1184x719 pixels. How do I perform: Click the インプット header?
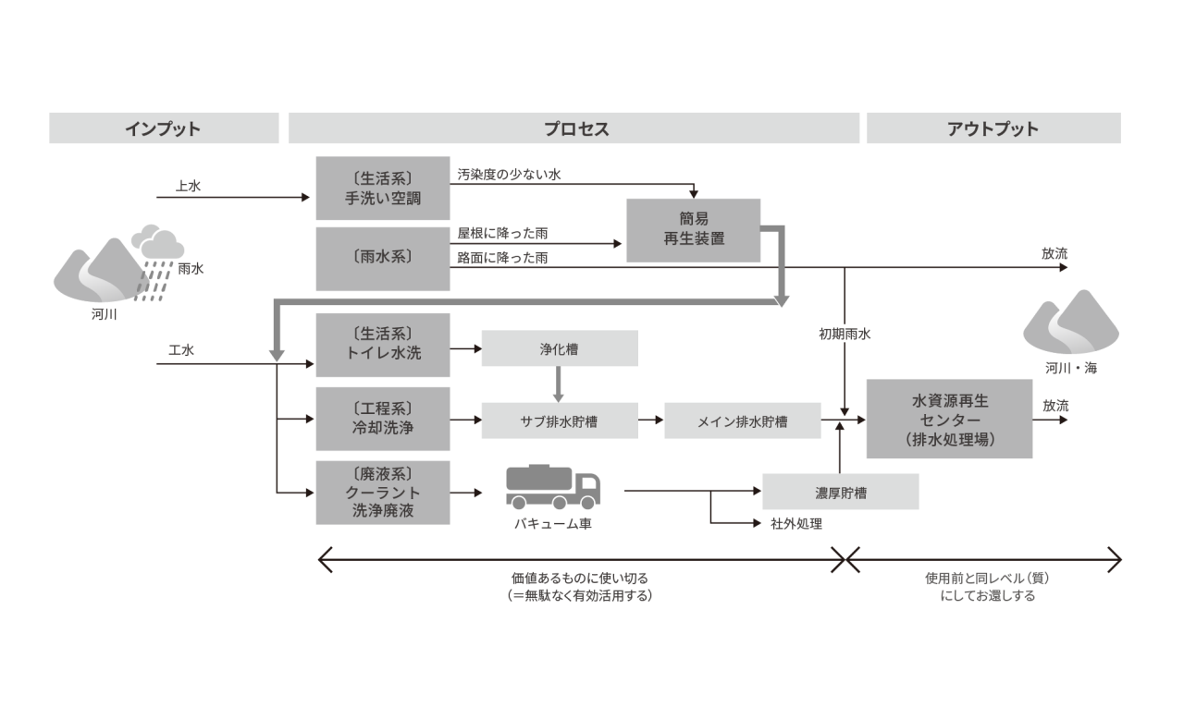point(164,128)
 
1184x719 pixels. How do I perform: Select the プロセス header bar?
point(573,128)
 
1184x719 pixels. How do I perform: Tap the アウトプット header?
point(993,128)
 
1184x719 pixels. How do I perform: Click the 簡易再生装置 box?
point(694,230)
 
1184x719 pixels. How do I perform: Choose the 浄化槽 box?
point(560,348)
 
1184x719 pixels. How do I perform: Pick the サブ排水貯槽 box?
point(560,420)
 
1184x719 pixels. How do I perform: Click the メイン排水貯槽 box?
point(743,420)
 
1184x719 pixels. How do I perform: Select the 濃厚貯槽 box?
point(841,492)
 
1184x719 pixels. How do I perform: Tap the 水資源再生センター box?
point(949,419)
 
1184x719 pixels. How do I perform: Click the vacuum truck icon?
point(553,487)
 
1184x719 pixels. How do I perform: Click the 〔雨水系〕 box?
point(383,259)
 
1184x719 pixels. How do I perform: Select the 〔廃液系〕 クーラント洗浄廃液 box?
point(383,493)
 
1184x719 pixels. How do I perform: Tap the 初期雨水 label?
point(845,335)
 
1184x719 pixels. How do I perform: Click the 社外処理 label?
point(796,524)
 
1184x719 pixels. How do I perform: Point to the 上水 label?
point(188,186)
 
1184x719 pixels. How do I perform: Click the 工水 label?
point(181,350)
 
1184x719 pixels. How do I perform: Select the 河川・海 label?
point(1071,368)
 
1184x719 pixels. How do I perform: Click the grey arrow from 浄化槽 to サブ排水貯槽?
point(558,384)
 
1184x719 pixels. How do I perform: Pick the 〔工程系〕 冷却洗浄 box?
point(383,419)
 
